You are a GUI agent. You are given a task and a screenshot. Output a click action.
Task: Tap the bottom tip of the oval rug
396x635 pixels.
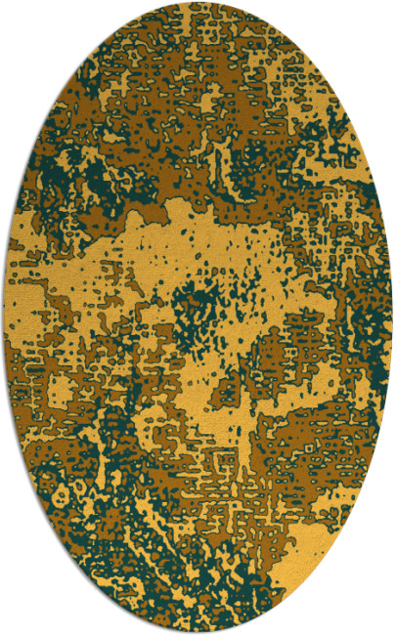pyautogui.click(x=198, y=631)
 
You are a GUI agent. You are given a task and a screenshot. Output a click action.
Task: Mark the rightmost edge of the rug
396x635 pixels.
pyautogui.click(x=391, y=317)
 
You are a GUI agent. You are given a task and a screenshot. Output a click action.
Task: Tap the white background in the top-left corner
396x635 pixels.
pyautogui.click(x=20, y=20)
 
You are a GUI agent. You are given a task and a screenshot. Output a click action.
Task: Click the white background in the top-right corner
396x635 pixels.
pyautogui.click(x=376, y=20)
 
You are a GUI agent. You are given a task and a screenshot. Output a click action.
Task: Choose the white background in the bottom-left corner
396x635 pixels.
pyautogui.click(x=20, y=615)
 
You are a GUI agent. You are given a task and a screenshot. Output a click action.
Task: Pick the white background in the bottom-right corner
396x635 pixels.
pyautogui.click(x=376, y=615)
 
